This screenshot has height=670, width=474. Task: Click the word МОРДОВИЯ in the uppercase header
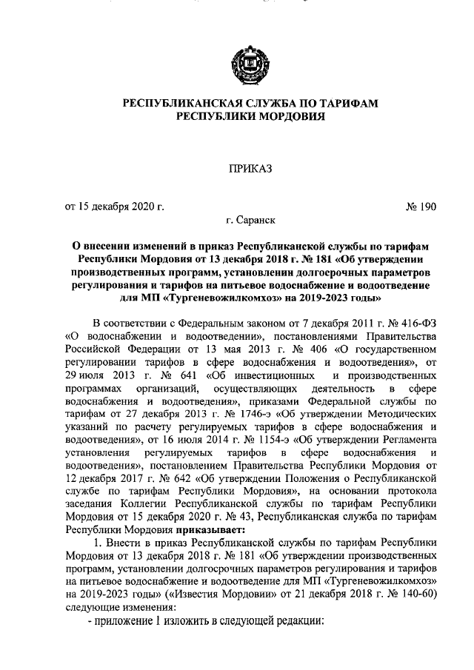pos(284,117)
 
